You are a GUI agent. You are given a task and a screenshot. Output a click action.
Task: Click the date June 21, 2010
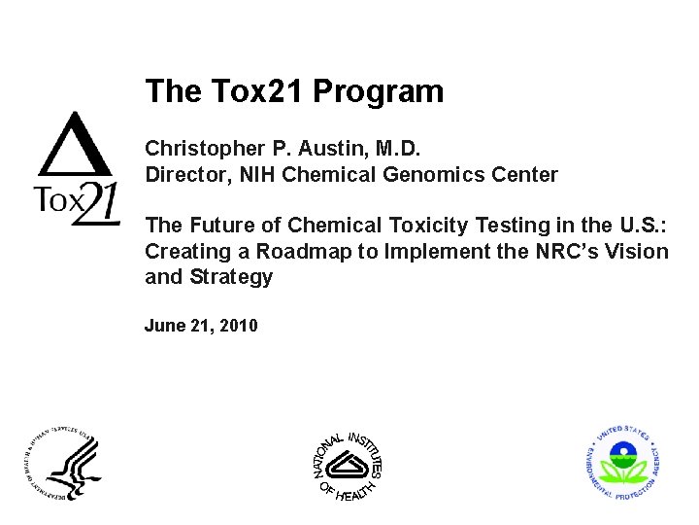click(201, 326)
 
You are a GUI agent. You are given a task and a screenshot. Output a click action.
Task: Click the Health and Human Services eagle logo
click(62, 463)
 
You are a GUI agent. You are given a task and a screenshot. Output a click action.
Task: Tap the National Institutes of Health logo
click(348, 465)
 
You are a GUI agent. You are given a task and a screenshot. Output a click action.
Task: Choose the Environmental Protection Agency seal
click(626, 463)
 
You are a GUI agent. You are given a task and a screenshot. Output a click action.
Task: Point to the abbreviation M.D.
click(397, 149)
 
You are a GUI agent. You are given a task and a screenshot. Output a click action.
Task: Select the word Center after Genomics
click(525, 175)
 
